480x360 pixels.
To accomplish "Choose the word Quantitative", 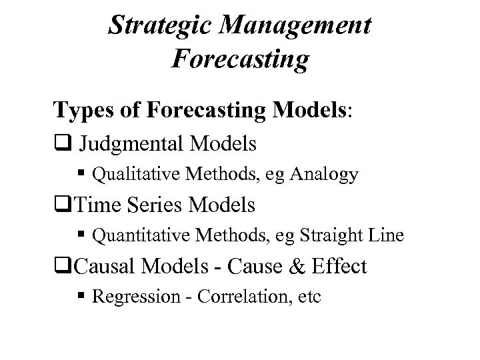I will (x=134, y=236).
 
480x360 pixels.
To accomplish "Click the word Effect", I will (x=337, y=267).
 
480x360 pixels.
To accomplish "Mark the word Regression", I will (x=128, y=297).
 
